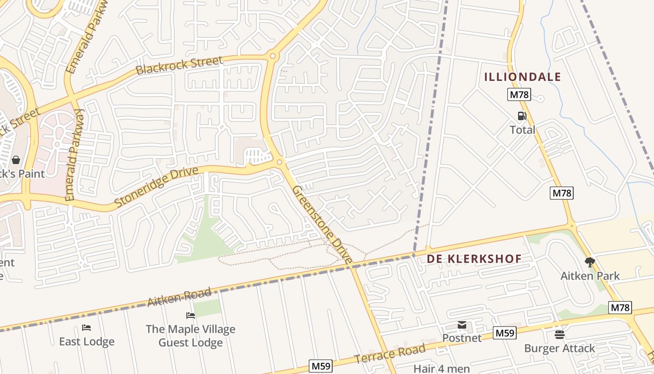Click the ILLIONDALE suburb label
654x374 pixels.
(522, 77)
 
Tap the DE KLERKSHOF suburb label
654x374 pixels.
(474, 259)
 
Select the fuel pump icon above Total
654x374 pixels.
(522, 116)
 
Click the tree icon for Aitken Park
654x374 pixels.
(590, 262)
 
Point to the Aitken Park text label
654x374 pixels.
(590, 276)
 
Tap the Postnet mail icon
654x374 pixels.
(462, 325)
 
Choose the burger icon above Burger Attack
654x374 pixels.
(559, 335)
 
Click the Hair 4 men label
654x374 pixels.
(441, 368)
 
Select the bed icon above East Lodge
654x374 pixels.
(86, 328)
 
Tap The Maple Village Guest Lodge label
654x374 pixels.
(191, 336)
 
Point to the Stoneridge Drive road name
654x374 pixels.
(156, 187)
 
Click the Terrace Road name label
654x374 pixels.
(390, 353)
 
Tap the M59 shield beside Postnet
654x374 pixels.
(505, 333)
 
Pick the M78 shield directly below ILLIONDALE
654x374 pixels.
(519, 94)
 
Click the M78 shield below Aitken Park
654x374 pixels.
(620, 308)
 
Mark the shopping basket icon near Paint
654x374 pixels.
(16, 160)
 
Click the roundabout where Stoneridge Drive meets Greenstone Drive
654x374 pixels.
(280, 162)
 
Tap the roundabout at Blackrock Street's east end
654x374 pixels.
(272, 56)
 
